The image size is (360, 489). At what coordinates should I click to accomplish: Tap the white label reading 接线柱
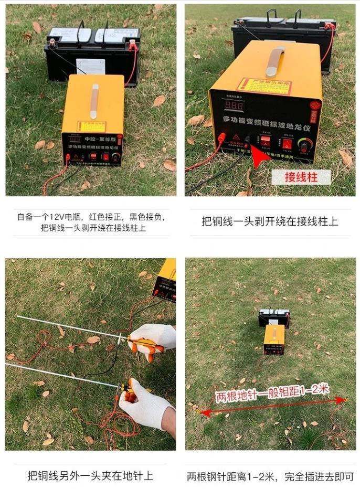pos(300,177)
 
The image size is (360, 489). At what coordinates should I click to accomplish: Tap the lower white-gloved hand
pos(144,405)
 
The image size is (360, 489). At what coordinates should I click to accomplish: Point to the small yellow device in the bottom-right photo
pos(274,339)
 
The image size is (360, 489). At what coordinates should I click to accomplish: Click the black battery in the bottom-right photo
pos(273,317)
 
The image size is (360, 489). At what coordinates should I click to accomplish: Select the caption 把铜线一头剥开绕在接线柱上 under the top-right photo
pos(270,221)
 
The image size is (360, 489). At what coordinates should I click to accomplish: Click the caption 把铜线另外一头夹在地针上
pos(90,476)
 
